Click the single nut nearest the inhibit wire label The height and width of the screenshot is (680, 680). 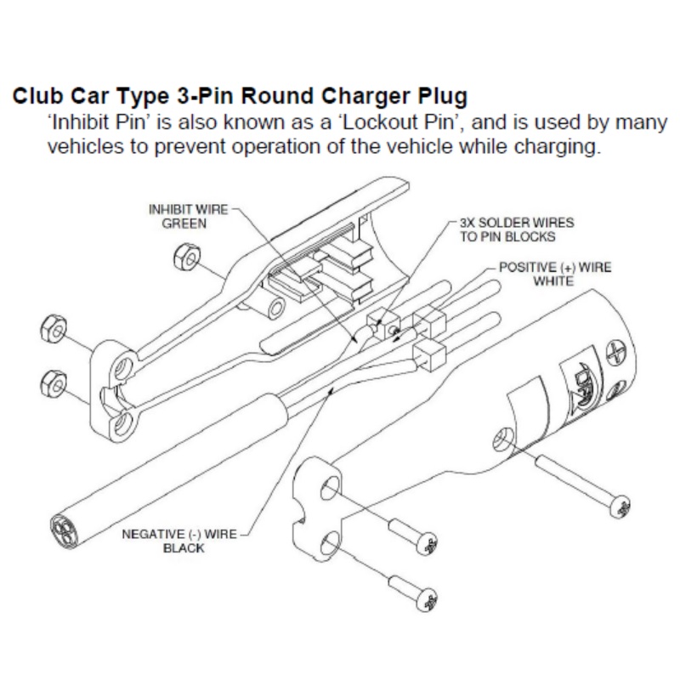[180, 253]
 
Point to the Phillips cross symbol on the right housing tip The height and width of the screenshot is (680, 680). [616, 350]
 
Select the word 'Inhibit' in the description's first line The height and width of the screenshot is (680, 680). [81, 122]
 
